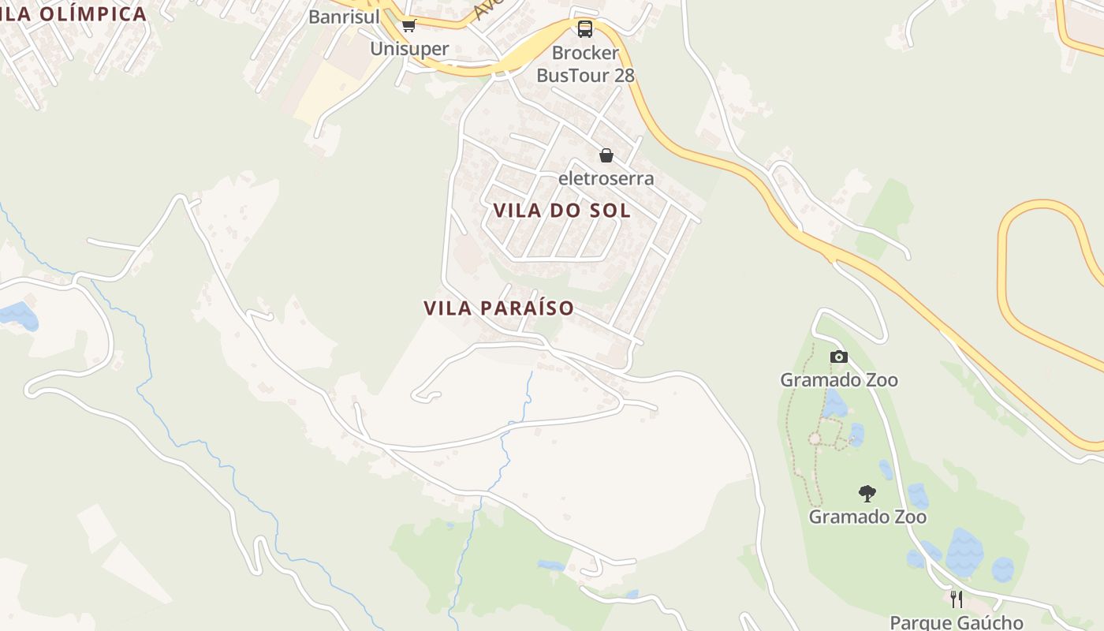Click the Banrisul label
(x=343, y=17)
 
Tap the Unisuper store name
(x=409, y=48)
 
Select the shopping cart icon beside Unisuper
(x=408, y=26)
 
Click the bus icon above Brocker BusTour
(x=584, y=29)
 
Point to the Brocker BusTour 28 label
(x=585, y=64)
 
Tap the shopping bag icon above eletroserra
(x=606, y=155)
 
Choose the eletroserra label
(x=606, y=178)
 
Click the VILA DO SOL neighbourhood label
(x=561, y=211)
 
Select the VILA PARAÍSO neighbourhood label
(x=498, y=308)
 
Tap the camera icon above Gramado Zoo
(x=838, y=357)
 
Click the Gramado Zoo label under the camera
(x=838, y=380)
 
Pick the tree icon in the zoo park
(x=867, y=495)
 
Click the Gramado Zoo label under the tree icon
(x=867, y=517)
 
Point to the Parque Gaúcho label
(x=956, y=622)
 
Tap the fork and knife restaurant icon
(x=956, y=599)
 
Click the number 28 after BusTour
(x=623, y=76)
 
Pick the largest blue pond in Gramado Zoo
(x=964, y=551)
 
